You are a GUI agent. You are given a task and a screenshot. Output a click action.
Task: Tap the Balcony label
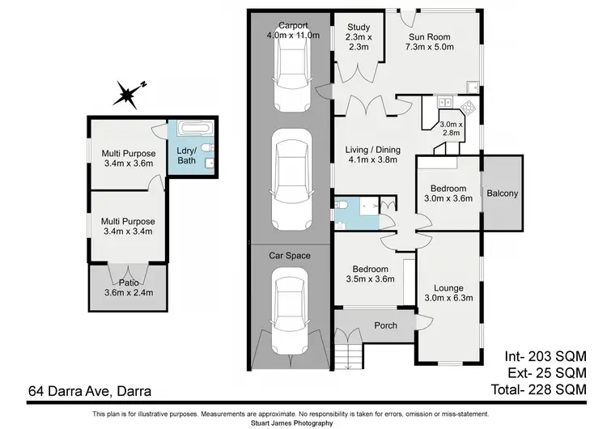[502, 193]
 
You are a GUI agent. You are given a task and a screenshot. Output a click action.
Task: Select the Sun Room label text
[429, 41]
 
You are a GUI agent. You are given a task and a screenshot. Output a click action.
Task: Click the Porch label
[385, 326]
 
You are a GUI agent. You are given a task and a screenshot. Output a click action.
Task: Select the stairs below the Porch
[350, 353]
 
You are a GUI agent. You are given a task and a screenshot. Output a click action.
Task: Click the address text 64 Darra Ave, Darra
[89, 391]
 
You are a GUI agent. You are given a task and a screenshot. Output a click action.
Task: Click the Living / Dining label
[371, 154]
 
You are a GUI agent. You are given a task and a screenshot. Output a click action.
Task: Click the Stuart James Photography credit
[303, 423]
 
